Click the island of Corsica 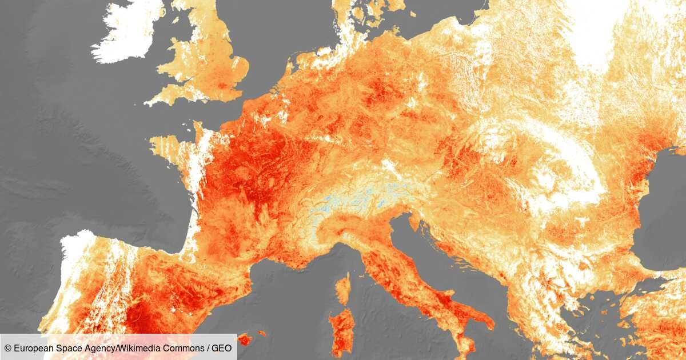pos(342,288)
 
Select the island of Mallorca pos(245,339)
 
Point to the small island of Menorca pos(262,333)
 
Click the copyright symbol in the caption pos(7,348)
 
